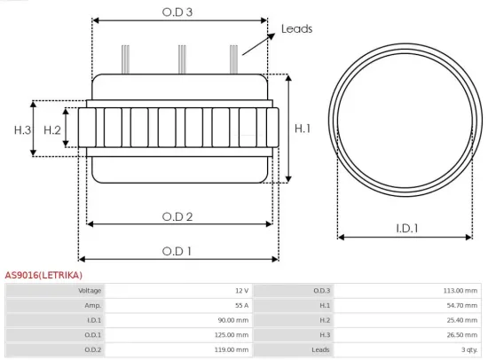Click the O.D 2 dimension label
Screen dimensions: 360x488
(177, 215)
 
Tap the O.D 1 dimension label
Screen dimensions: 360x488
(177, 251)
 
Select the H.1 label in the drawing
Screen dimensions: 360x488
(303, 129)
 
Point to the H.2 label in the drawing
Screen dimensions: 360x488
(52, 130)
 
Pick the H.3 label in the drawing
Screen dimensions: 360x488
(23, 130)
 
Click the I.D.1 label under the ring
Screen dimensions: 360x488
(406, 229)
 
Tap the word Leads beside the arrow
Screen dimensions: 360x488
(296, 29)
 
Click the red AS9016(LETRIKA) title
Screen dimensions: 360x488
(43, 276)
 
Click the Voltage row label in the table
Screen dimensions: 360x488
(90, 291)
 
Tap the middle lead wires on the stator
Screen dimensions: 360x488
(181, 59)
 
